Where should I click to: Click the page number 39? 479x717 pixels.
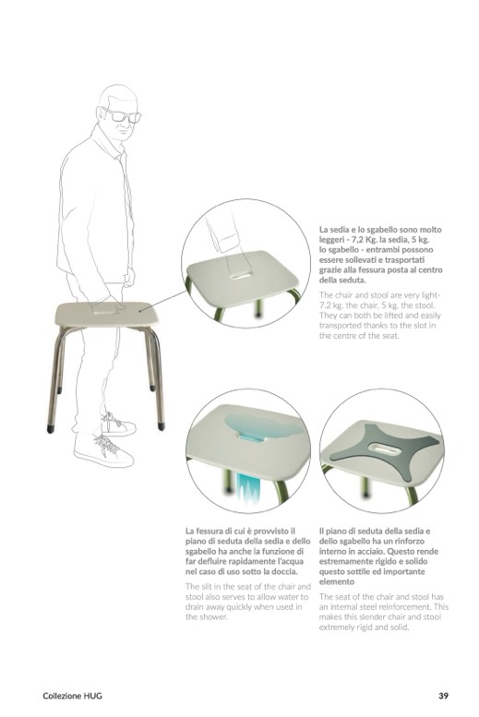[x=443, y=696]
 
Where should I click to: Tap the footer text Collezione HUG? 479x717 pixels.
[x=72, y=696]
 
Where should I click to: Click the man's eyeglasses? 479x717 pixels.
[x=122, y=115]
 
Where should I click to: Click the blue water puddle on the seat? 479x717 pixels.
[x=264, y=426]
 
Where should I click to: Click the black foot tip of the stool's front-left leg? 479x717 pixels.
[x=51, y=429]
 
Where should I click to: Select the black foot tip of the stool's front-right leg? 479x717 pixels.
[x=161, y=426]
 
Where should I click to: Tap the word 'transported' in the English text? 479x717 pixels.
[x=341, y=326]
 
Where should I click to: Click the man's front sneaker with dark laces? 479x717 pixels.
[x=104, y=449]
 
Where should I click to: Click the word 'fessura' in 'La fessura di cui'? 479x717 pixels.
[x=210, y=531]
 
